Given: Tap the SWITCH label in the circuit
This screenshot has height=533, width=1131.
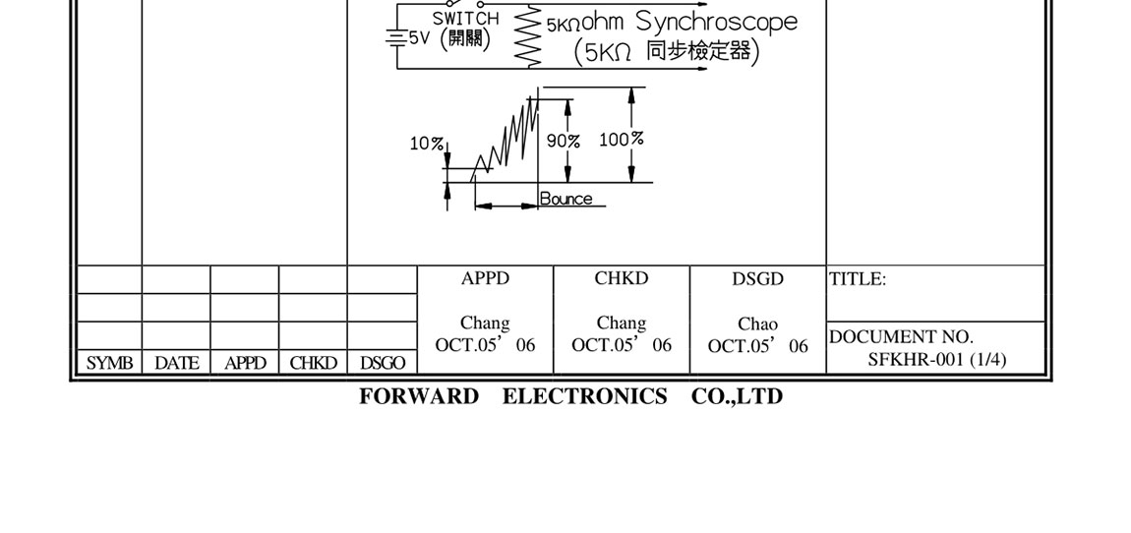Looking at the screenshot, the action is pos(465,18).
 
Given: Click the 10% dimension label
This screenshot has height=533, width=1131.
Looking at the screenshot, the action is pos(426,144).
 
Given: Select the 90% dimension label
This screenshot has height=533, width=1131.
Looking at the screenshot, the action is pos(563,141).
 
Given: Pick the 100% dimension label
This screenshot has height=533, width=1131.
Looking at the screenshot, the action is pos(621,140).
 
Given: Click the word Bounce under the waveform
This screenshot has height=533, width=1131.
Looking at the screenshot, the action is pos(566,199).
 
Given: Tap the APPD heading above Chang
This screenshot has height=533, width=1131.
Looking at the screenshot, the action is pos(486,278).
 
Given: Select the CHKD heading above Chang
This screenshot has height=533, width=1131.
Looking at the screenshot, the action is pos(622,278).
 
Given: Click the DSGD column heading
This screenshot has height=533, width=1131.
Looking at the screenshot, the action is pos(757,279).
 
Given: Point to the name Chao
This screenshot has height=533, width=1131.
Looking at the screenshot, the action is pos(757,324).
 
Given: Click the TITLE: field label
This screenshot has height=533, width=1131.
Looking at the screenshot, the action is pos(858,279).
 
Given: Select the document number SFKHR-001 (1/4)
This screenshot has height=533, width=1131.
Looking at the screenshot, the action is pos(937,359).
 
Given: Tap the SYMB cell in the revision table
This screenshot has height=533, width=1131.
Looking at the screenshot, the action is pos(109,363).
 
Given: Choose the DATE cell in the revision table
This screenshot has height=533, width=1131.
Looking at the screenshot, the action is pos(177,363).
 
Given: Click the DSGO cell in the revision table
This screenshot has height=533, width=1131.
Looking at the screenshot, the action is pos(383,363).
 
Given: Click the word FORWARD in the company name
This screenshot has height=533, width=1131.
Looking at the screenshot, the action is pos(419,396).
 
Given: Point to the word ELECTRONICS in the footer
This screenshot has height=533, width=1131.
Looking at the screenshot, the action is pos(585,396).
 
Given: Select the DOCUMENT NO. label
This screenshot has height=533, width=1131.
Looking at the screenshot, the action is pos(902,337).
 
